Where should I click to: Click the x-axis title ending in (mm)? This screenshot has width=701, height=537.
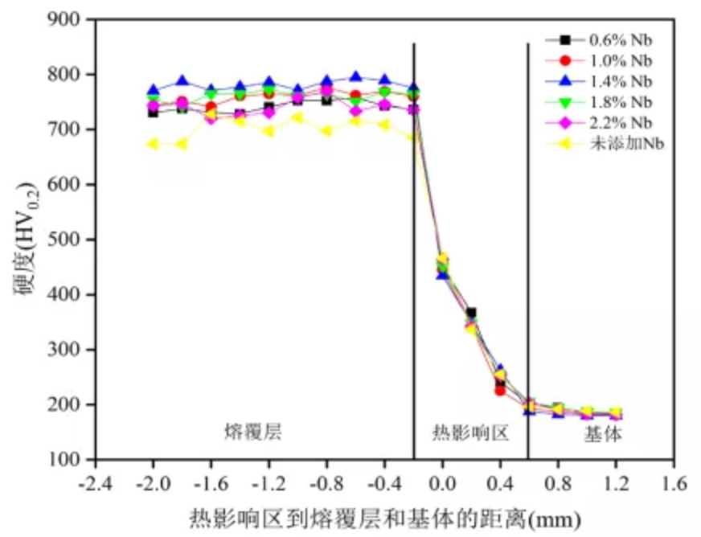(384, 514)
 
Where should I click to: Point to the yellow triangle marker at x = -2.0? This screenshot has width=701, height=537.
(153, 144)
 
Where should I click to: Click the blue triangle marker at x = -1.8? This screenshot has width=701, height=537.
(182, 81)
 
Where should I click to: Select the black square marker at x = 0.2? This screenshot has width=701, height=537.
(471, 313)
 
